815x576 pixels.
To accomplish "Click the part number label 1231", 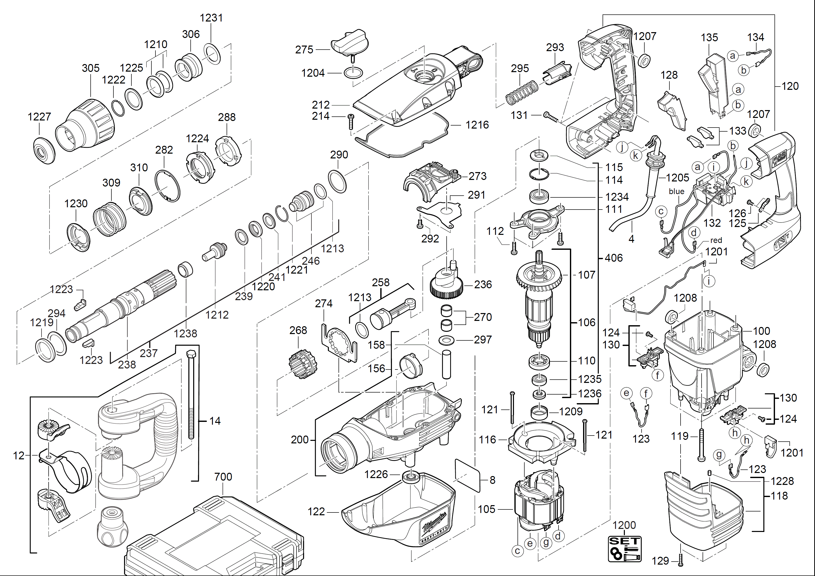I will [211, 18].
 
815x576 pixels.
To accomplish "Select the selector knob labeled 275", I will [350, 43].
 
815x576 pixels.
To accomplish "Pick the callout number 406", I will [613, 258].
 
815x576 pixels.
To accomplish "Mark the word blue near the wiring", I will [676, 192].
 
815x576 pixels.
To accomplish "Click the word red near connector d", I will [716, 240].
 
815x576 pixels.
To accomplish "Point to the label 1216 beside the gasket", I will [477, 125].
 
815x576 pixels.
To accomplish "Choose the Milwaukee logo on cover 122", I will [434, 522].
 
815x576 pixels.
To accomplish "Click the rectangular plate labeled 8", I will [467, 476].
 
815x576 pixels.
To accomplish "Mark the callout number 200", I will [300, 440].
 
